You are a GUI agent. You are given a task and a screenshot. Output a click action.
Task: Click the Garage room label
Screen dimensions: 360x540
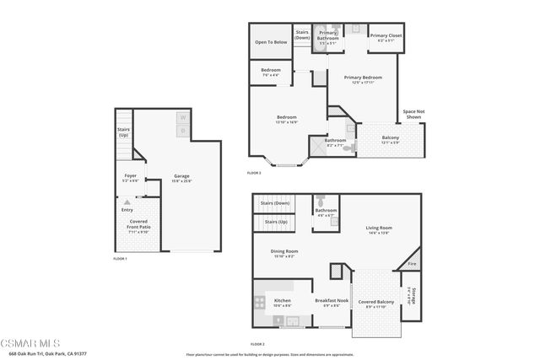[181, 176]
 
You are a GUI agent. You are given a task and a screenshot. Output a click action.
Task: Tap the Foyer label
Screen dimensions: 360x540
[131, 176]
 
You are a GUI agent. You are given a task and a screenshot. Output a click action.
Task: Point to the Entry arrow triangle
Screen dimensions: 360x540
[127, 203]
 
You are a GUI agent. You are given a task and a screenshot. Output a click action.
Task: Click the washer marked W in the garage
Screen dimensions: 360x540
[183, 119]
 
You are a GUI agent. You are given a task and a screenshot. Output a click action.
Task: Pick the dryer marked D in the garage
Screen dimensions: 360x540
[183, 132]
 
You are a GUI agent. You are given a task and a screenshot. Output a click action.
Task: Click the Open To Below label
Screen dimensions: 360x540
[271, 40]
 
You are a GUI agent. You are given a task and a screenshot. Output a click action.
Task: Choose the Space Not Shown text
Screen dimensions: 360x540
[413, 114]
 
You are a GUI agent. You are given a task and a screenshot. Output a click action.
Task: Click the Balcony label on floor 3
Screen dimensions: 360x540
[391, 137]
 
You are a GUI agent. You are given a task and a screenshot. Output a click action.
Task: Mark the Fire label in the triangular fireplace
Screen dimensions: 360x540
[412, 264]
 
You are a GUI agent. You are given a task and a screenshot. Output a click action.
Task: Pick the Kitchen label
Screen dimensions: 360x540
[283, 301]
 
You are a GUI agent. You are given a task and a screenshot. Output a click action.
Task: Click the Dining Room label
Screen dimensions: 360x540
[284, 251]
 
